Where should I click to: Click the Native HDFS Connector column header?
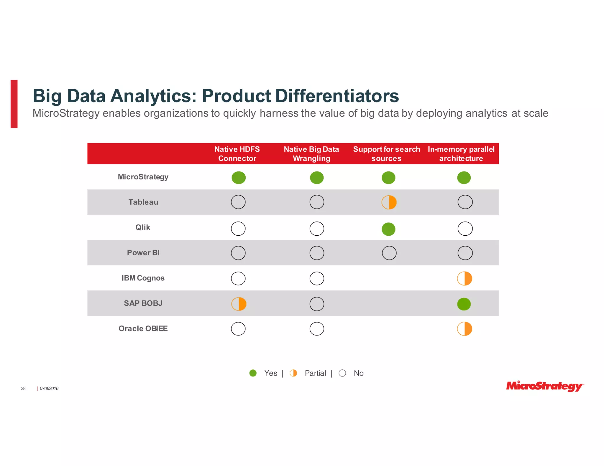coord(237,154)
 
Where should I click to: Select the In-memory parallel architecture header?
coord(461,154)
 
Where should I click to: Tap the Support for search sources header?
coord(386,154)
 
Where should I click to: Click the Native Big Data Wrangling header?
coord(311,154)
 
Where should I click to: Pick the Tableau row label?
coord(143,202)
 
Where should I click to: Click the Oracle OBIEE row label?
coord(143,328)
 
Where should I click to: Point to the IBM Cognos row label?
coord(143,278)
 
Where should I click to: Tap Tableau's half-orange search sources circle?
coord(389,202)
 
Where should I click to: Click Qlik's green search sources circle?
coord(388,229)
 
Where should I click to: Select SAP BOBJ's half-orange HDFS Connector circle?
coord(239,304)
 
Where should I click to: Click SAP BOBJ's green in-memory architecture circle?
coord(464,304)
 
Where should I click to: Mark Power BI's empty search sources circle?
coord(389,253)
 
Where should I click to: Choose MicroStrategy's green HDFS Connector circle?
coord(239,178)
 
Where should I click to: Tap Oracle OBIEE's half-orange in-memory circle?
coord(465,329)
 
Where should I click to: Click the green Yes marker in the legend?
coord(253,373)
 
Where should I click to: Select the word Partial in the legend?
coord(315,373)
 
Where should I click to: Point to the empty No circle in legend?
coord(342,373)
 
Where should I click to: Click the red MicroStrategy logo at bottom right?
coord(544,386)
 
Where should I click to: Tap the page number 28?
coord(23,389)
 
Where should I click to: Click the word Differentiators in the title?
coord(337,96)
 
